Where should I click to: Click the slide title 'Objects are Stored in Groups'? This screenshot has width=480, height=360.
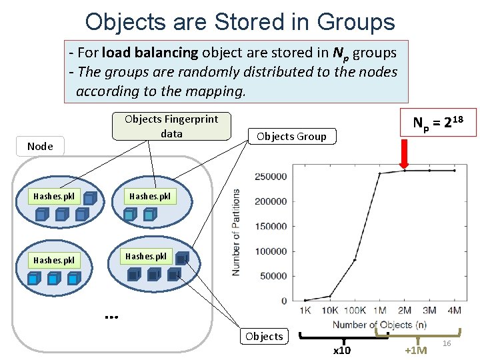[240, 21]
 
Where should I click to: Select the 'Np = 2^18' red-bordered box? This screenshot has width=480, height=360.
[438, 122]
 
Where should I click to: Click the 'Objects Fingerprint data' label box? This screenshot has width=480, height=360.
[171, 126]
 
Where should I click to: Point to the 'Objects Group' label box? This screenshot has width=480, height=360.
[291, 137]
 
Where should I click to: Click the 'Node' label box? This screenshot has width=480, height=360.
[40, 146]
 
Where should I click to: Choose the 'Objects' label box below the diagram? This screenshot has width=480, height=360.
[264, 336]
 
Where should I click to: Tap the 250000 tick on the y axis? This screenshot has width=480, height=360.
[271, 177]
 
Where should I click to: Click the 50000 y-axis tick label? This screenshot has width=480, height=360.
[273, 276]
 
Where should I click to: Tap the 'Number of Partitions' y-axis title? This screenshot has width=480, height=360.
[236, 232]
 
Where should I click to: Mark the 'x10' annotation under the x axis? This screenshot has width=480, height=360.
[341, 351]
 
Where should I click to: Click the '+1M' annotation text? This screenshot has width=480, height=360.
[416, 351]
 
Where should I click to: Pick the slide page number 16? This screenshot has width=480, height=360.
[447, 343]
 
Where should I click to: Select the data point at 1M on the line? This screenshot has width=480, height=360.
[379, 174]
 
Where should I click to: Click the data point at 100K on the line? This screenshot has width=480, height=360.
[355, 259]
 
